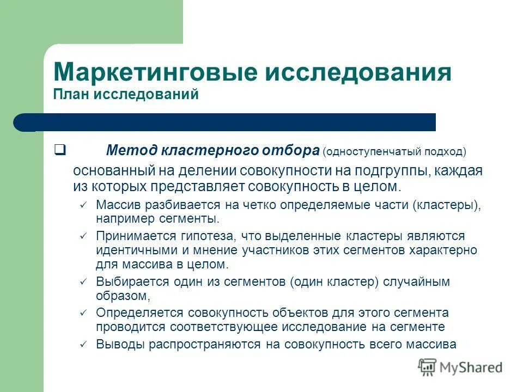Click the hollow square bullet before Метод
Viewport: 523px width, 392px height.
pos(60,148)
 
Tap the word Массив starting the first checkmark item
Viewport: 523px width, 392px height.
pos(117,205)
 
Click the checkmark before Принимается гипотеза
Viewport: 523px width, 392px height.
pos(83,236)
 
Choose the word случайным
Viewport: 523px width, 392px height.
pos(414,282)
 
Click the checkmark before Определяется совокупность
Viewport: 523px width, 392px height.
pos(83,313)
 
